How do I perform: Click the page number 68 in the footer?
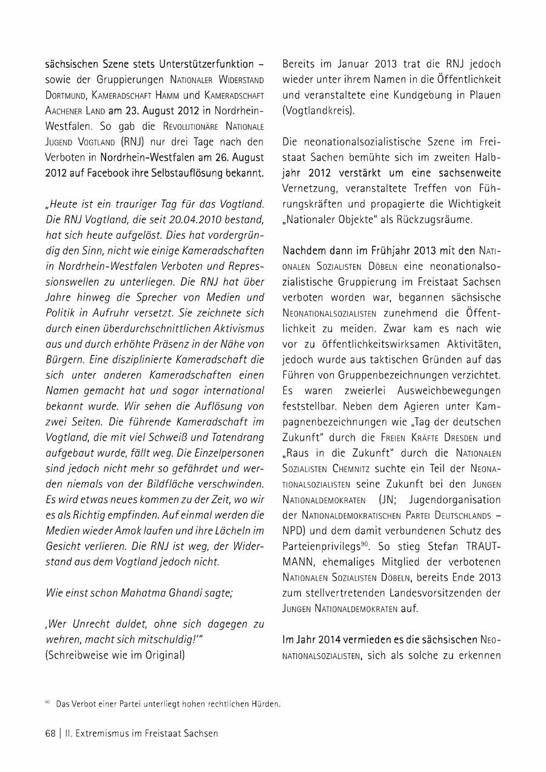coord(50,733)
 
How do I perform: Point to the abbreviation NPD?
coord(294,531)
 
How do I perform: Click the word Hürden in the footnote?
coord(266,704)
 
